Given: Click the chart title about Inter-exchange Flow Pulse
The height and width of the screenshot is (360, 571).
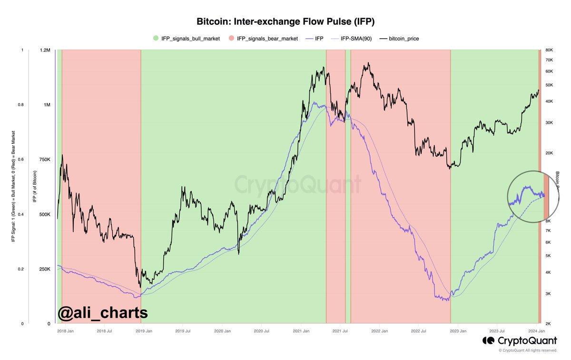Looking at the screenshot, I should tap(285, 22).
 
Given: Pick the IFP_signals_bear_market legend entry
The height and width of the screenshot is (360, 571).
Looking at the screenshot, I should tap(264, 38).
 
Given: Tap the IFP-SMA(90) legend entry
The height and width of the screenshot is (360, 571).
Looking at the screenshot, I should tap(357, 38).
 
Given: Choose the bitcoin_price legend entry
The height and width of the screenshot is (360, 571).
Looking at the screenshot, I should tap(402, 38).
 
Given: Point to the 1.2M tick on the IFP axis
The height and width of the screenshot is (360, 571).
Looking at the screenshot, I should tap(44, 50).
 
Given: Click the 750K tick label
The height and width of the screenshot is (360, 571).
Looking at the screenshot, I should tap(44, 160).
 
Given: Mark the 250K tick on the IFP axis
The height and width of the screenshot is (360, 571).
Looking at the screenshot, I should tap(44, 269).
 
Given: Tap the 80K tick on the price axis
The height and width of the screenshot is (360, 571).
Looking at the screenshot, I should tap(548, 50).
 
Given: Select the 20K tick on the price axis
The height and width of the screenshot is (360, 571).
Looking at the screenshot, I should tap(548, 153).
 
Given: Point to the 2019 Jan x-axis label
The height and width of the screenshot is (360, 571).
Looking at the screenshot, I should tap(144, 330).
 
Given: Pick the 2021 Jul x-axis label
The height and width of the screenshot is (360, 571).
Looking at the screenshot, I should tap(340, 330).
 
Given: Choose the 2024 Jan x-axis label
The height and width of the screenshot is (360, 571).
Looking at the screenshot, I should tap(536, 330).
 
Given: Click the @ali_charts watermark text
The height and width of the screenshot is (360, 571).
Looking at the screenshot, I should tap(102, 313).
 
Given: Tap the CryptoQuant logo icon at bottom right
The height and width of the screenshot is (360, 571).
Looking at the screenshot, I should tap(488, 340).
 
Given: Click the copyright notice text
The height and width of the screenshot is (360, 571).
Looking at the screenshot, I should tap(527, 350).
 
